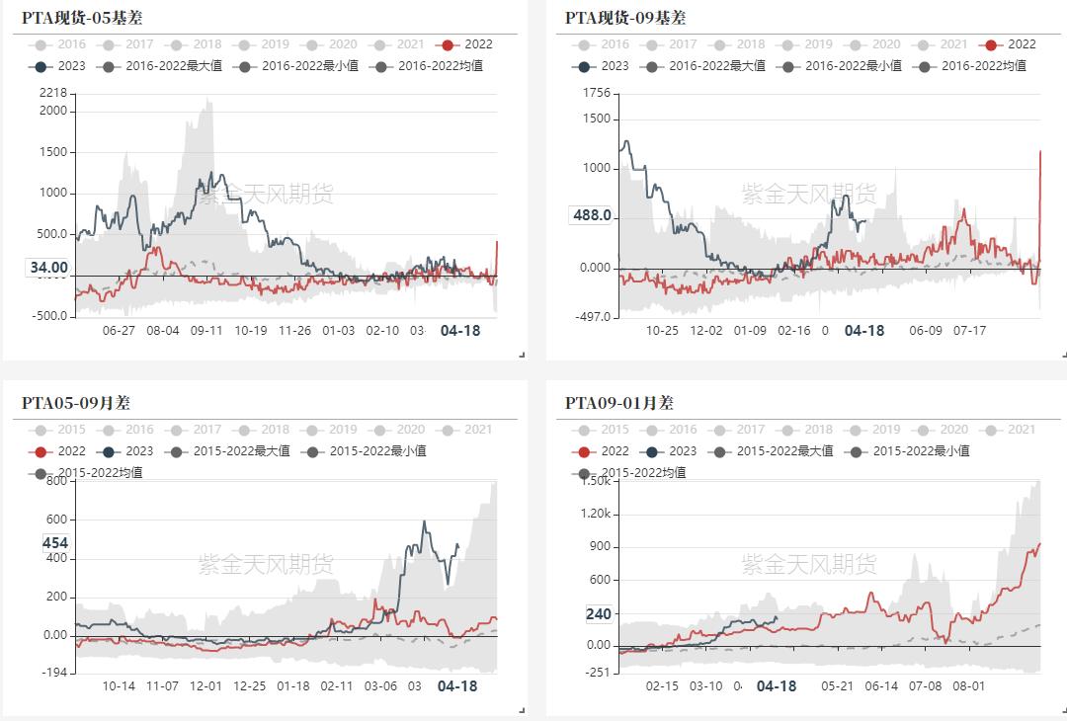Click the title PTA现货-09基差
coord(625,18)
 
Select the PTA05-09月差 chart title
coord(76,403)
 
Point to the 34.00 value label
coord(48,268)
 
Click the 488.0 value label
coord(592,216)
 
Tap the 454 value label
coord(55,542)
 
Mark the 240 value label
coord(598,613)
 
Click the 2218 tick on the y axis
coord(53,93)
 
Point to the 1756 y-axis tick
coord(598,93)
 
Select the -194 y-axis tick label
coord(53,672)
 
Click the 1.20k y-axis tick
coord(596,514)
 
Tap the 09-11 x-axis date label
coord(206,331)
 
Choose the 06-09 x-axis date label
coord(926,331)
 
